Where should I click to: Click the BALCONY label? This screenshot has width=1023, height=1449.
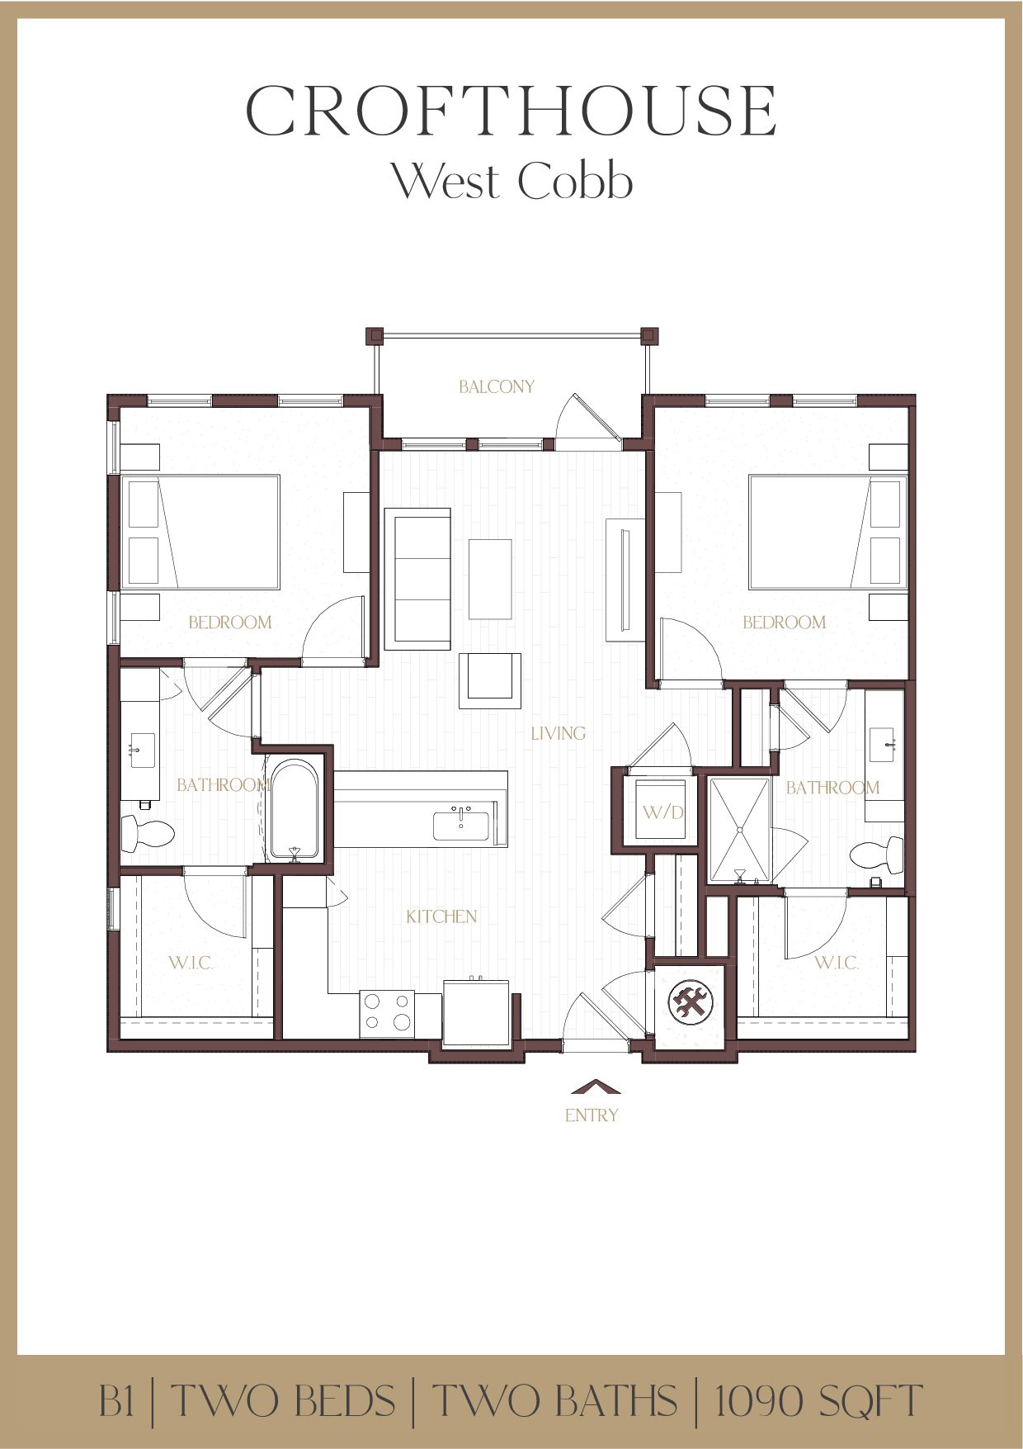click(497, 386)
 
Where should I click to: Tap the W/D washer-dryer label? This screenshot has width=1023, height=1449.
click(663, 812)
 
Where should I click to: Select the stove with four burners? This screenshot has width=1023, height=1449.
click(387, 1012)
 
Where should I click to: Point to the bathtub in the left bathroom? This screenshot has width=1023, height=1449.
click(295, 810)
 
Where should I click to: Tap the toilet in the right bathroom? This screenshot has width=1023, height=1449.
click(878, 855)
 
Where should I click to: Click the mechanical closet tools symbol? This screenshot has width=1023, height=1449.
click(690, 1003)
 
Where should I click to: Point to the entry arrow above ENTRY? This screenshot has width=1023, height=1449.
click(595, 1087)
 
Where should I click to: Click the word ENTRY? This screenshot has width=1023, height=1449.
click(592, 1115)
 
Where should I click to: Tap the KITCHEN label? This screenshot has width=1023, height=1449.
click(441, 916)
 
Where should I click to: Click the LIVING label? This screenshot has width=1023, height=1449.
click(559, 733)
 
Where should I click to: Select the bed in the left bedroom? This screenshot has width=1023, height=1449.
click(201, 532)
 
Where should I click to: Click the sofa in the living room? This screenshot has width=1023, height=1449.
click(417, 578)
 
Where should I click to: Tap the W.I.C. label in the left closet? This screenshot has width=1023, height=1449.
click(191, 963)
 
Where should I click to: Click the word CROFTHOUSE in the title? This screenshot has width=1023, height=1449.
click(511, 111)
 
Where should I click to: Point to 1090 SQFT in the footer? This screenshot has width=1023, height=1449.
click(818, 1401)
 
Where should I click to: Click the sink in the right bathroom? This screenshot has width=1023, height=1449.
click(884, 745)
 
